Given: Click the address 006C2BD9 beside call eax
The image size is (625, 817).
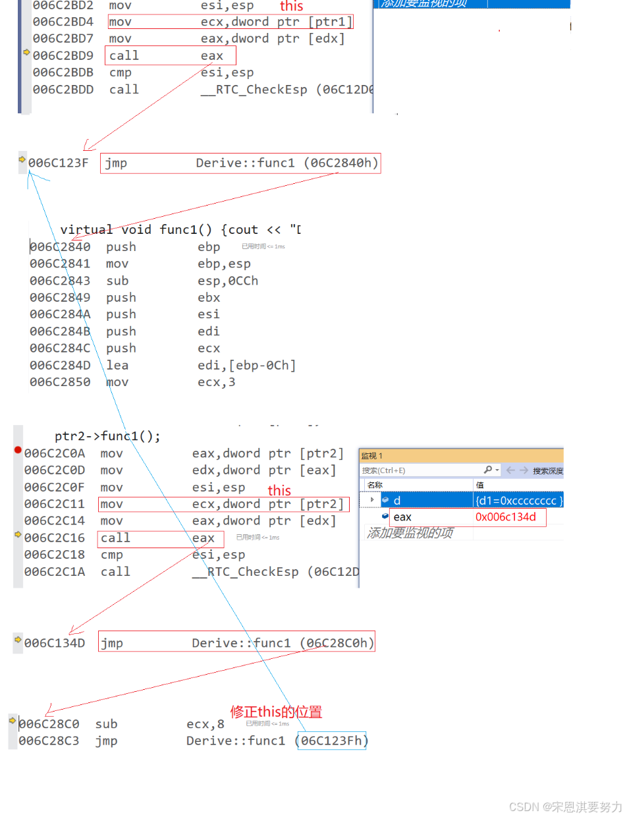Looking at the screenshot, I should pos(63,56).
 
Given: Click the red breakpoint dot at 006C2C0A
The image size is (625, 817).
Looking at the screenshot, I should pos(18,451).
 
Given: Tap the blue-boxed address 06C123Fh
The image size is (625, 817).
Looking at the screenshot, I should pos(331,741).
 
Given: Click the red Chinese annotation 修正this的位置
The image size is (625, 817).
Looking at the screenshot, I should pos(276,712).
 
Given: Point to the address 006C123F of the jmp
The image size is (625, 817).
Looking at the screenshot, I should pos(58,163).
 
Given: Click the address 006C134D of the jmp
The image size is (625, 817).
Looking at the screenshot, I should pos(55,643).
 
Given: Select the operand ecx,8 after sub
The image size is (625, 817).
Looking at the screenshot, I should pos(205,724).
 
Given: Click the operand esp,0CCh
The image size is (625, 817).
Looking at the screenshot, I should pos(228,281).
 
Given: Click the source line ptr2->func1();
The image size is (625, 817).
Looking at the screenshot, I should pos(107,436).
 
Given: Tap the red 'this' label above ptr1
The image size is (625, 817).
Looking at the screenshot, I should pos(292,7).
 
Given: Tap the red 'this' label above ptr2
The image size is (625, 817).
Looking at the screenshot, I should pos(279,491).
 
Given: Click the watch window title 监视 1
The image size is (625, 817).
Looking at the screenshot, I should pos(372,456).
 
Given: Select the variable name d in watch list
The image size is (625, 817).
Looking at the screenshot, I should pos(397,501).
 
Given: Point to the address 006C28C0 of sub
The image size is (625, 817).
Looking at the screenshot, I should pos(49,724).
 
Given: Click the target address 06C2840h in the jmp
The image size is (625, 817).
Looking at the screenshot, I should pos(341,163).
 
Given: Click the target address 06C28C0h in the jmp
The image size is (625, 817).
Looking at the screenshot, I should pos(337,643).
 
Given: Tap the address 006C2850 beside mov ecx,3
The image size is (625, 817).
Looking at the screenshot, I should pos(60,382).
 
